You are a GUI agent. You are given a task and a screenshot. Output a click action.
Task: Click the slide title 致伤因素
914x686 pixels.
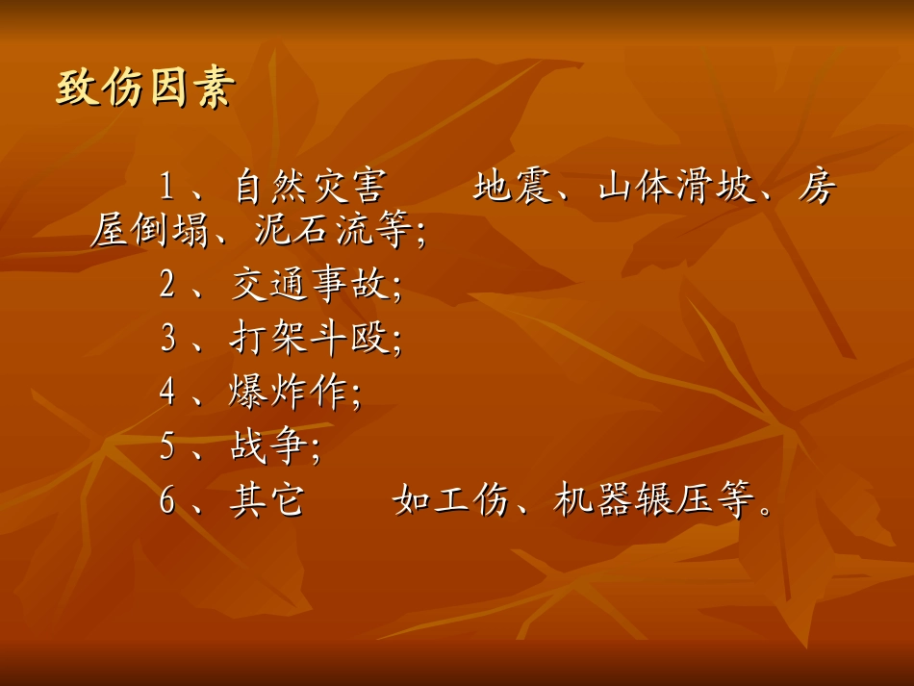click(144, 89)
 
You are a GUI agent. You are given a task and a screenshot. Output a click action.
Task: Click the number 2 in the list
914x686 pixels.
click(168, 285)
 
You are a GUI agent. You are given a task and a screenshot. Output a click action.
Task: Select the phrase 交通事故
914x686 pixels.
click(310, 285)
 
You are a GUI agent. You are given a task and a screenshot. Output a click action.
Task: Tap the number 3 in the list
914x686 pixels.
click(168, 339)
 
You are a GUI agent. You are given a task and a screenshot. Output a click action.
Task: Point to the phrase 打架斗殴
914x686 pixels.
click(310, 339)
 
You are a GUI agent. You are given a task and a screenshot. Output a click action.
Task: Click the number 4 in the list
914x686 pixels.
click(168, 393)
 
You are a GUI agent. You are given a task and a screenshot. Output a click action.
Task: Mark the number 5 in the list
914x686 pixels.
click(168, 446)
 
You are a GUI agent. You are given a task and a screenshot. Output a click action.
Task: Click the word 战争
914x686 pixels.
click(269, 446)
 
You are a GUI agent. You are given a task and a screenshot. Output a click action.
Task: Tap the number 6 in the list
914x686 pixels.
click(168, 501)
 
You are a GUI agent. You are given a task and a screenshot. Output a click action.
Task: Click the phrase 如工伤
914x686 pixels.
click(451, 501)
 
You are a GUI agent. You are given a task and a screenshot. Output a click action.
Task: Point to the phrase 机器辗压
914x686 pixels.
click(634, 501)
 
